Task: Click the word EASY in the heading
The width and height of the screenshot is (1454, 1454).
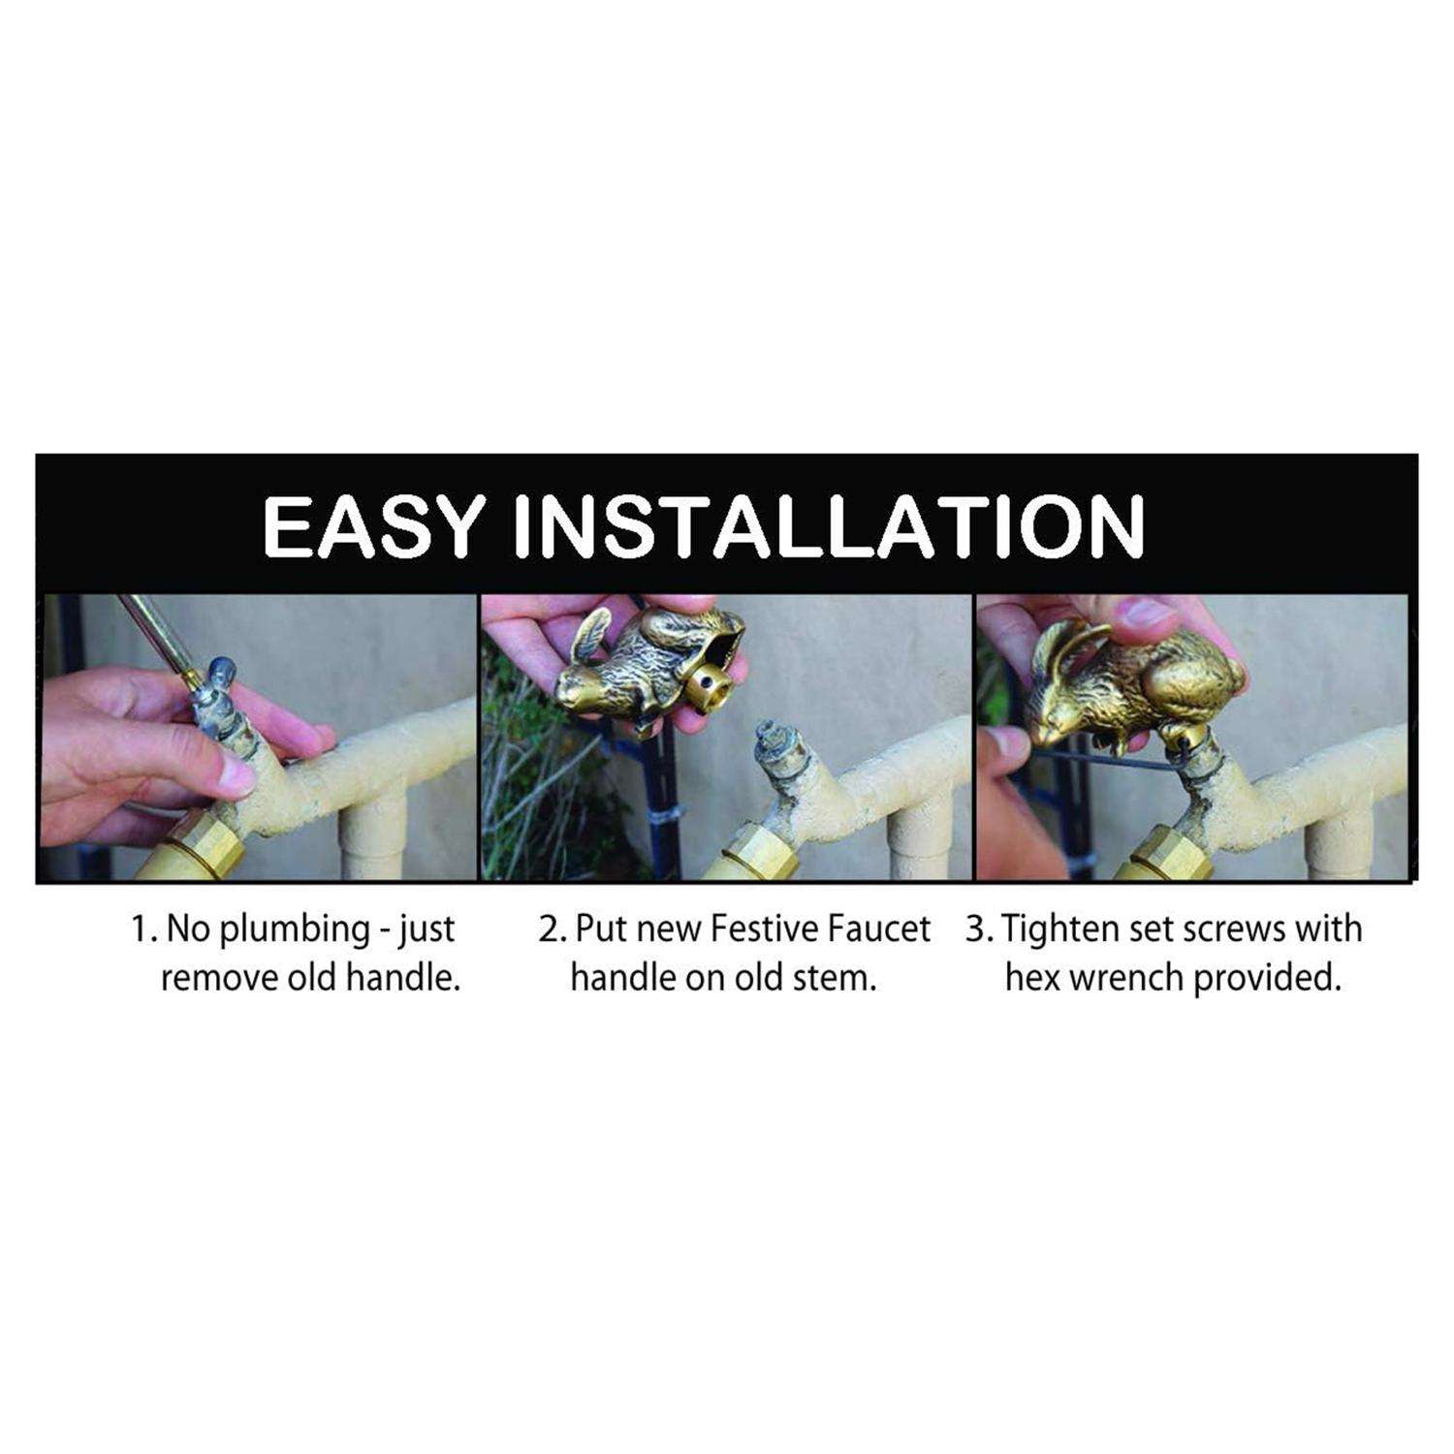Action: (372, 526)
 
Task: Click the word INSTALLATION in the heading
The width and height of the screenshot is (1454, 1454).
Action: (830, 526)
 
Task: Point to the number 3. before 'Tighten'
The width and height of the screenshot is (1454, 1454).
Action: (978, 930)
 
